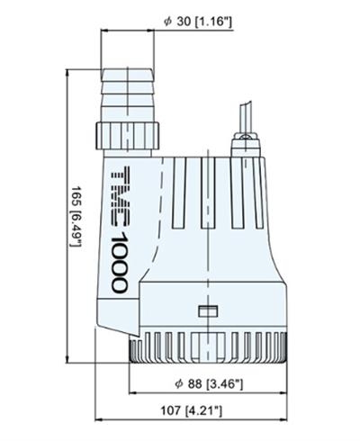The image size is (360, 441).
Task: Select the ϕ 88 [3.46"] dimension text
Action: point(211,384)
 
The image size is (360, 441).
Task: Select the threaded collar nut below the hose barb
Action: point(130,136)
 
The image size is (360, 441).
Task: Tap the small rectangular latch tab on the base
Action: point(207,311)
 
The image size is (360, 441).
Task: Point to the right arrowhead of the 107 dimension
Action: point(287,422)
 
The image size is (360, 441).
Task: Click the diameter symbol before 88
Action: point(181,384)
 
